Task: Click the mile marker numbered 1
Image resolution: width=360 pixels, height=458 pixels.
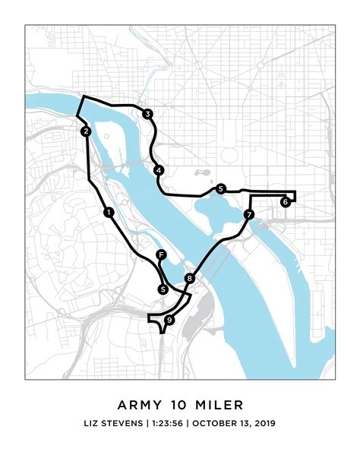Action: click(109, 212)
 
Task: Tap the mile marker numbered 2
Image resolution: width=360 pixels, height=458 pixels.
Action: click(87, 131)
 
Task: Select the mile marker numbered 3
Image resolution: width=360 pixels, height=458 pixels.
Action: click(147, 114)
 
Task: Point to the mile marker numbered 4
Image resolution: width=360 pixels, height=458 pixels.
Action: click(158, 169)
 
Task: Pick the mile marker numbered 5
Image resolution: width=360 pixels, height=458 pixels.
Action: click(220, 188)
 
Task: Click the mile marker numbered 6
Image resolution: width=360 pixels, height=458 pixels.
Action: click(285, 202)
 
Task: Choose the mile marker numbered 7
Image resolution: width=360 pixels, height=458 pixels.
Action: click(249, 215)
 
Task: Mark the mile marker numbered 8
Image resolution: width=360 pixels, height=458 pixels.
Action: click(189, 279)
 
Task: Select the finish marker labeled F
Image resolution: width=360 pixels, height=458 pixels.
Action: click(160, 254)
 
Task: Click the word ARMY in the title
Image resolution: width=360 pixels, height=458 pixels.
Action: click(137, 404)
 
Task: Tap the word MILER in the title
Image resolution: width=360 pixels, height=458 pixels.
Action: click(222, 404)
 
